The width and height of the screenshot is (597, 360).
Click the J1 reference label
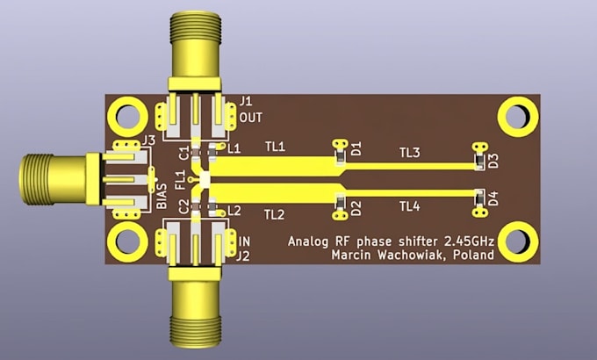pos(246,101)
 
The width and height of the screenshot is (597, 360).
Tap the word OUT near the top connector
pos(251,118)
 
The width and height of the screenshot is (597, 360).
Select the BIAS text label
pos(162,196)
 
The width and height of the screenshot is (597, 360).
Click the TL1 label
pos(275,147)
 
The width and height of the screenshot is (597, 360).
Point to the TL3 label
pos(410,153)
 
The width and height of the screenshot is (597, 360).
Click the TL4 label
pos(410,206)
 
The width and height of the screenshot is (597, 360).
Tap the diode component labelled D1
pos(340,157)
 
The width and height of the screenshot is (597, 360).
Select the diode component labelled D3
pos(479,162)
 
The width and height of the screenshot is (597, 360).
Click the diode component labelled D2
pos(340,201)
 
